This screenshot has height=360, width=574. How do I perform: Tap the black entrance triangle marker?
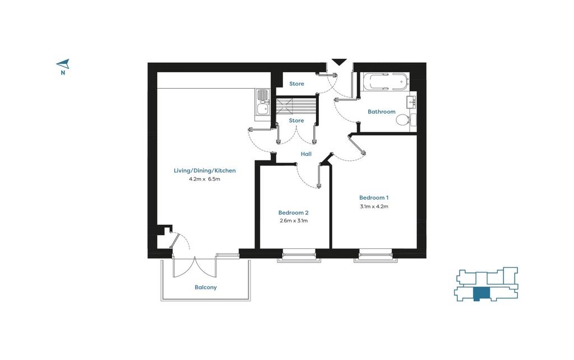[339, 62]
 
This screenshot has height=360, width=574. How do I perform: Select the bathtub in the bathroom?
[385, 82]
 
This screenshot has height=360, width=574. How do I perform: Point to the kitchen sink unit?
[262, 104]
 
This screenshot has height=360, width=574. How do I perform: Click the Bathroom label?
[381, 112]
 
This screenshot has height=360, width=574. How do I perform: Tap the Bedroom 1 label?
[374, 198]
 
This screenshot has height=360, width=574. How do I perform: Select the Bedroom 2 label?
[293, 213]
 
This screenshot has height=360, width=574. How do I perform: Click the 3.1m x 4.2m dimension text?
[374, 206]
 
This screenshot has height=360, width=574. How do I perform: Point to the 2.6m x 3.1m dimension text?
[293, 221]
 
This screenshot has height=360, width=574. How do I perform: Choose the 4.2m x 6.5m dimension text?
[204, 179]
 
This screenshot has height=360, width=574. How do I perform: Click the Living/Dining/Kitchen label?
[205, 170]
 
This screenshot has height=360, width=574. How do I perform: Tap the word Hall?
[306, 154]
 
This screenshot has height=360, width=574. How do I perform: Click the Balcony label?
[205, 288]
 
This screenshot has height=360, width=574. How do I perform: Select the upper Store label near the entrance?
[297, 84]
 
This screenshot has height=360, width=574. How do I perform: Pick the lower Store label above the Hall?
[296, 121]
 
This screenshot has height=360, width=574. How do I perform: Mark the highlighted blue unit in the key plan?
[482, 294]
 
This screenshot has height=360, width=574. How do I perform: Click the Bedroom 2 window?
[299, 256]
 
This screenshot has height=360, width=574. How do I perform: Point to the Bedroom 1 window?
[376, 256]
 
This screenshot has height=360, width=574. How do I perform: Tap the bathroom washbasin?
[412, 102]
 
